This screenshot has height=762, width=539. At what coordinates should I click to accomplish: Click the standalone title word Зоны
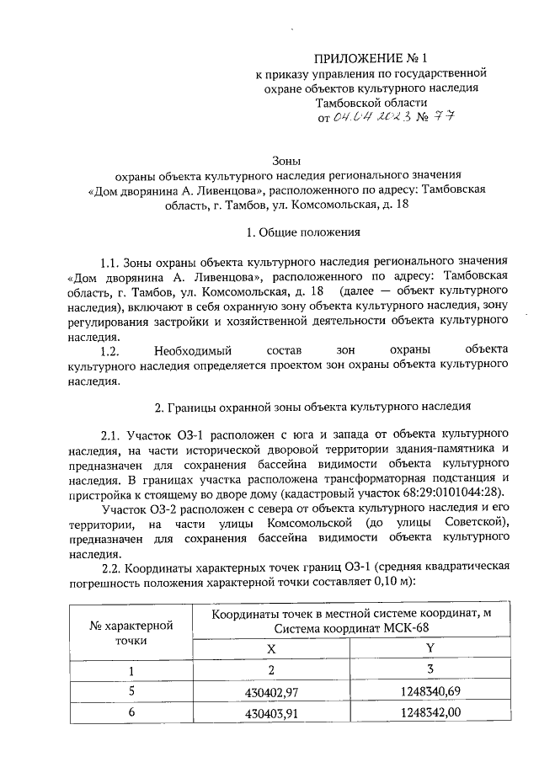(x=287, y=160)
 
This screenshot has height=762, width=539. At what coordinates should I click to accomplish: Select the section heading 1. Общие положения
(x=289, y=231)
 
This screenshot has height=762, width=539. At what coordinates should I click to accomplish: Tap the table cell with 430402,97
(x=270, y=691)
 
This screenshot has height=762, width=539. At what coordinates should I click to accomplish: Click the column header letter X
(x=270, y=648)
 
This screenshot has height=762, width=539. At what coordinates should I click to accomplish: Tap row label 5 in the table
(x=131, y=691)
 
